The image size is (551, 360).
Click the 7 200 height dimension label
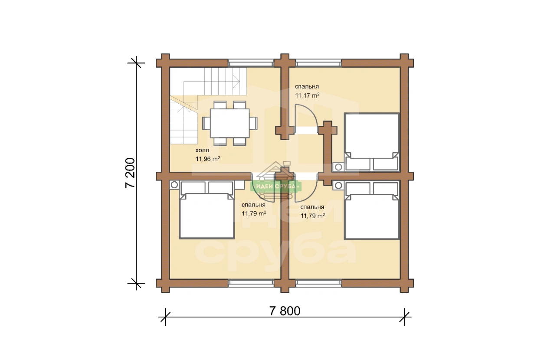click(x=130, y=173)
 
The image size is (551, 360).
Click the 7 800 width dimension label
click(x=285, y=311)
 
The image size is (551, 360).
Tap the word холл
click(x=203, y=150)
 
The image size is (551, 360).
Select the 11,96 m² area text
click(x=208, y=159)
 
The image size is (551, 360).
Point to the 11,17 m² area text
click(x=307, y=95)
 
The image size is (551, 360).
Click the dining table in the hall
click(x=230, y=123)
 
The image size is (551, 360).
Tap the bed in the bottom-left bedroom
click(x=207, y=210)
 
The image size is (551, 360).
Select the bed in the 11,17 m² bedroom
click(x=371, y=142)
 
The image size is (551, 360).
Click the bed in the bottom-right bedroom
click(x=371, y=210)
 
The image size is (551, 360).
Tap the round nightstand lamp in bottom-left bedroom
click(x=174, y=185)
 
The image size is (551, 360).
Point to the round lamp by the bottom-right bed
click(x=338, y=185)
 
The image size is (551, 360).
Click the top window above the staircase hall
click(x=251, y=63)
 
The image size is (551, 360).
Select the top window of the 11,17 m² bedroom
click(x=318, y=63)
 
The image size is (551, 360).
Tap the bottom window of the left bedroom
click(x=251, y=283)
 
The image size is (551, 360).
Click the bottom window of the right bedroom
click(x=318, y=283)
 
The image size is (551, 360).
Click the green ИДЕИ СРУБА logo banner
click(x=275, y=186)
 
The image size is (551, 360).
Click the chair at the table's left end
click(x=206, y=123)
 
